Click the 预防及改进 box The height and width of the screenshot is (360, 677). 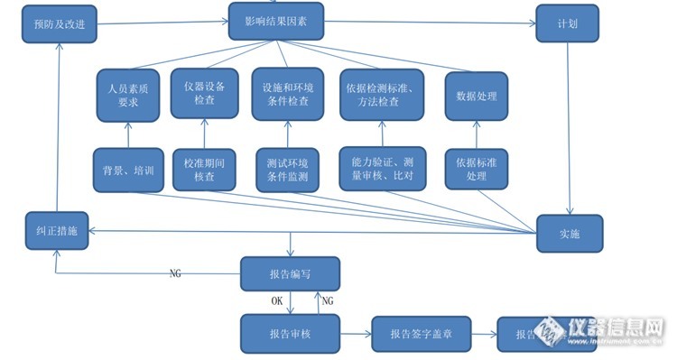[59, 24]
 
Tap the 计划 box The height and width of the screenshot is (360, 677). [567, 23]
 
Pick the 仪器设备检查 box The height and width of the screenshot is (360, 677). [204, 92]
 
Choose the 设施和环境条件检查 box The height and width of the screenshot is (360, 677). [286, 94]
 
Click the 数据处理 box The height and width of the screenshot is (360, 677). [473, 96]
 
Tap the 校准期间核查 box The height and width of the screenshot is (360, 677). [204, 169]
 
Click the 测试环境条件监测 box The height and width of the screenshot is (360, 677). [288, 170]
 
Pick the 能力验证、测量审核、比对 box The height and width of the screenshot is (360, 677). [382, 167]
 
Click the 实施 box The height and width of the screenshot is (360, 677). [569, 233]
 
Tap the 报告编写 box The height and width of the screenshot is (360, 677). [290, 273]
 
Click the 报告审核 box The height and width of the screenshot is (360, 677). [290, 333]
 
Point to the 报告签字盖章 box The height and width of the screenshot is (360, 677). [421, 334]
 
